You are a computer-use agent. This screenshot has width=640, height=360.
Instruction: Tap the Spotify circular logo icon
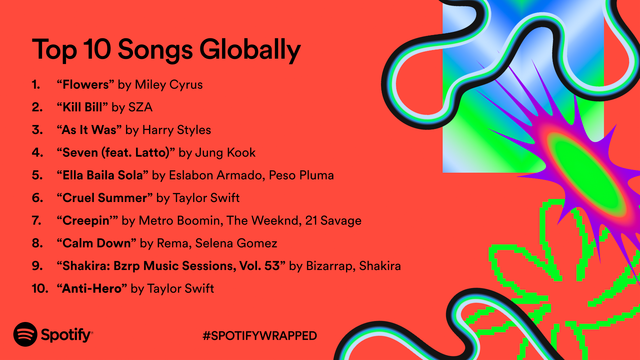coord(25,334)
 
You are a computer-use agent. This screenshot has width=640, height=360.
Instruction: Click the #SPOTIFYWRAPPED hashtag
coord(260,336)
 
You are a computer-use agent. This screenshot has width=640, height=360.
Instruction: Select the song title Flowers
coord(85,85)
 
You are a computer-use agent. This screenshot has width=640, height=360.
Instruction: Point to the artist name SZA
coord(140,107)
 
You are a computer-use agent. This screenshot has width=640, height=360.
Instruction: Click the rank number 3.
coord(37,130)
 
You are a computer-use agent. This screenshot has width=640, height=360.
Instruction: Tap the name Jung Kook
coord(225,153)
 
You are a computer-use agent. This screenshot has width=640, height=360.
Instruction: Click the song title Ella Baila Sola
coord(102,175)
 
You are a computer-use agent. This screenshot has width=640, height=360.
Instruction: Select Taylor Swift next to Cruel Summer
coord(206,198)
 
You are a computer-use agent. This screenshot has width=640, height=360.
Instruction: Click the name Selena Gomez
coord(236,243)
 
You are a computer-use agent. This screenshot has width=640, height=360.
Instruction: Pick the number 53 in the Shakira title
coord(272,266)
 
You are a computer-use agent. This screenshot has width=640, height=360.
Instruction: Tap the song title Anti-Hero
coord(92,289)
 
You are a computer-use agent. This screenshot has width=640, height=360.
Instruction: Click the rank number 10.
coord(40,289)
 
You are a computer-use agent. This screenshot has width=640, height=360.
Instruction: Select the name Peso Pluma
coord(301,175)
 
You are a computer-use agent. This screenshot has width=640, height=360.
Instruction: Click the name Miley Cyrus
coord(169,85)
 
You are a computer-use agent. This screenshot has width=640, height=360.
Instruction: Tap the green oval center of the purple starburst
coord(587,173)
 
